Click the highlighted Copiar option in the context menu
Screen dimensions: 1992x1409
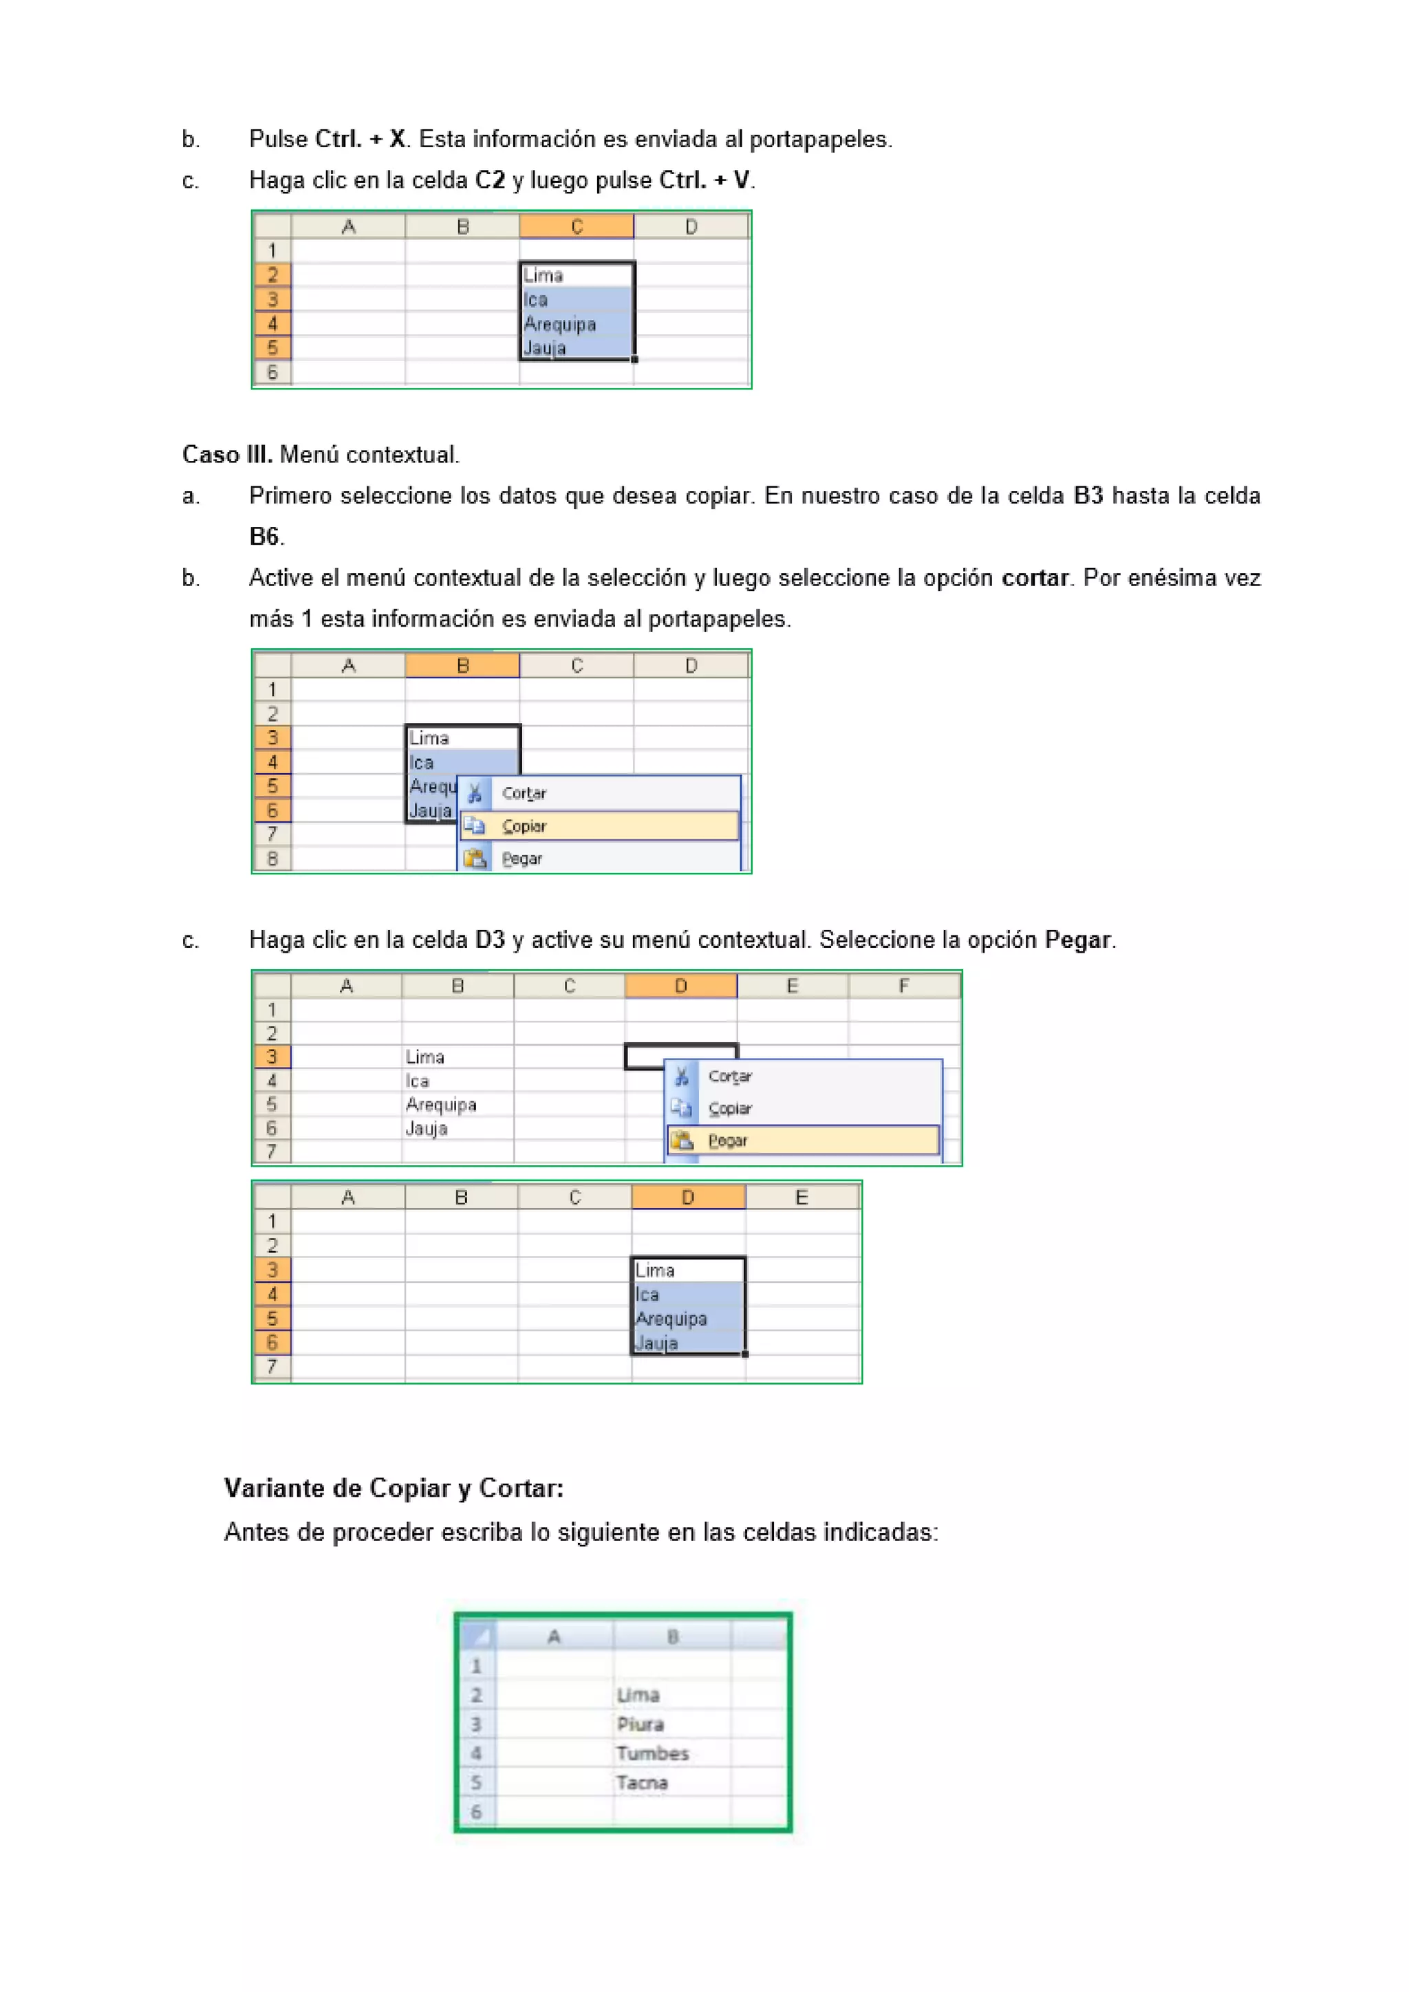[x=599, y=826]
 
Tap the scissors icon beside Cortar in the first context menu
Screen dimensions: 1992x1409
[x=475, y=793]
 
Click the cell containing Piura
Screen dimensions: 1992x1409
[x=671, y=1724]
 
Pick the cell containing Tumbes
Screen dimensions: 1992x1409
[x=671, y=1753]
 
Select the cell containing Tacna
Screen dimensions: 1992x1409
[x=671, y=1783]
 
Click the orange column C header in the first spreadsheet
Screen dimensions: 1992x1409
[x=576, y=227]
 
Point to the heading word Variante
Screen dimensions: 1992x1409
[x=276, y=1488]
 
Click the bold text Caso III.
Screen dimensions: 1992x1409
[x=227, y=455]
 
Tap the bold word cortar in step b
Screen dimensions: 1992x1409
[x=1034, y=578]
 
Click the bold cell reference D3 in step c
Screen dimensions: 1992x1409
[x=491, y=940]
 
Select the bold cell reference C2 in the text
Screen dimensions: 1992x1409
[x=491, y=180]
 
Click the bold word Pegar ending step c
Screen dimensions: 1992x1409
[x=1077, y=940]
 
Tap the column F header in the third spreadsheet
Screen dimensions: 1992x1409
[x=904, y=986]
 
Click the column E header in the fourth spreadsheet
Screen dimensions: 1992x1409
[x=802, y=1198]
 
